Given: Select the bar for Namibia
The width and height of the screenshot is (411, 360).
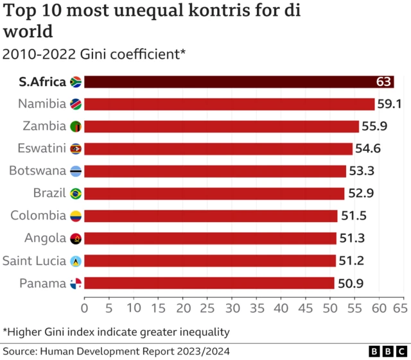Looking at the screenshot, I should coord(229,104).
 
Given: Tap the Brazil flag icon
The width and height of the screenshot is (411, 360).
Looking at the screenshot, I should coord(75,193).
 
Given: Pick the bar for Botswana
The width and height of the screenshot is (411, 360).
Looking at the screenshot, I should coord(215,171).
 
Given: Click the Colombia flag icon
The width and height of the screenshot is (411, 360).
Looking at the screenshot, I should coord(75,216).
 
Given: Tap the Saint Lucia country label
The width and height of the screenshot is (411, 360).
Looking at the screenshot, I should coord(34,261).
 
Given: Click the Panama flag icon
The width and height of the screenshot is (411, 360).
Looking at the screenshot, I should coord(75,283).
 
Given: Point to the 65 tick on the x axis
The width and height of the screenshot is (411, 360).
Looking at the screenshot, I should coord(404,307).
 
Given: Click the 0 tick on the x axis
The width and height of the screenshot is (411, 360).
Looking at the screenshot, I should coord(84,307).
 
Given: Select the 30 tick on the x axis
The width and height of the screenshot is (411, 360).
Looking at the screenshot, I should coord(232,307).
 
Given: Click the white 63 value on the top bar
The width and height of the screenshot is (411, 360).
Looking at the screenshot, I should coord(384,82).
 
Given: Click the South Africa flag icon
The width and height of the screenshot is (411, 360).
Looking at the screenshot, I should coord(75,81).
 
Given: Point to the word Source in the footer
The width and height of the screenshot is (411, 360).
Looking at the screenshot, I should coord(19,351).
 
